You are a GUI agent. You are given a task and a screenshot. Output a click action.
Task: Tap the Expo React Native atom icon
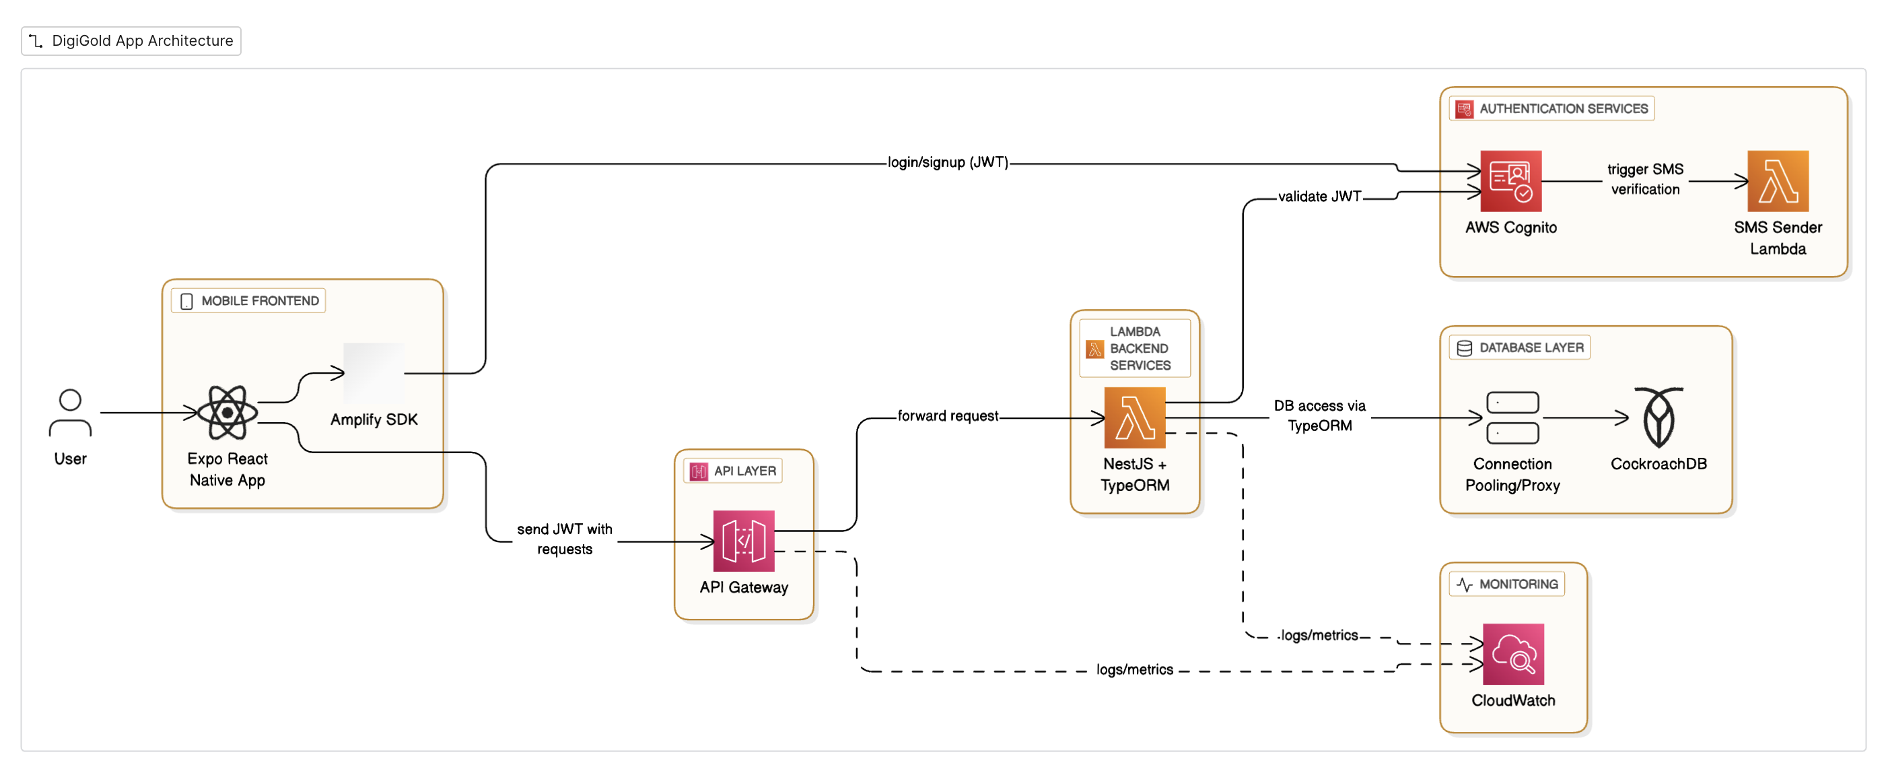point(227,413)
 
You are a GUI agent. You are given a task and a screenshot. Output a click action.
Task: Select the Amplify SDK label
point(374,420)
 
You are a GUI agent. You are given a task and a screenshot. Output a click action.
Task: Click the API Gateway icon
point(743,541)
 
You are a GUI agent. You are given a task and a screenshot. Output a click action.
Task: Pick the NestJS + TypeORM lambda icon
point(1134,418)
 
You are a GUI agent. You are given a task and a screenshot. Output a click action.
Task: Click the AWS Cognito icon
point(1510,182)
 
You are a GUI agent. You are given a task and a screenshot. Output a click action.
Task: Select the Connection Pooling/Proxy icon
point(1512,418)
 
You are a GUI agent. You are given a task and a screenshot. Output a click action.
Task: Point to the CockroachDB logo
point(1658,418)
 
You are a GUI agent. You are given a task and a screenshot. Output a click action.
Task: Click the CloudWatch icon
point(1512,654)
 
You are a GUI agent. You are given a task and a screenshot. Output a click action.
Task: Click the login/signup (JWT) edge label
point(948,162)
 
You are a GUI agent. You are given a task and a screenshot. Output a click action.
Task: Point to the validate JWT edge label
point(1319,196)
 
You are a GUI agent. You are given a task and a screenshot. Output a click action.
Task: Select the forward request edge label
point(948,416)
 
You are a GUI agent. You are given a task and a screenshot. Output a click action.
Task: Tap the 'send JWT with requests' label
point(565,539)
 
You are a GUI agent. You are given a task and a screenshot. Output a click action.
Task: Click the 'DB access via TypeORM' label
point(1319,416)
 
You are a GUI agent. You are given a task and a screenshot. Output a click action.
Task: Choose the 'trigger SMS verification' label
point(1645,179)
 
